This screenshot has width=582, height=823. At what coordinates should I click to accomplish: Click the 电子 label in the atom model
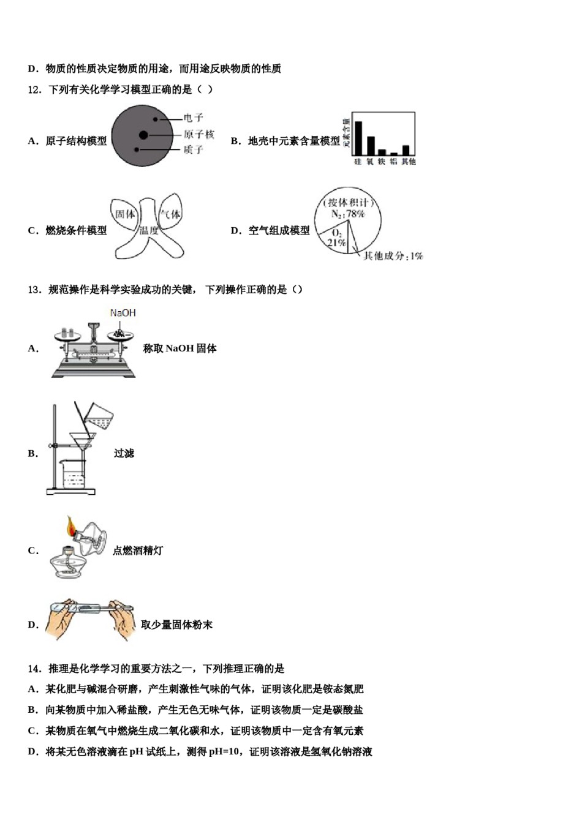click(193, 118)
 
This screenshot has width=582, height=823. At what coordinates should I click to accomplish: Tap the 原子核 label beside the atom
click(198, 134)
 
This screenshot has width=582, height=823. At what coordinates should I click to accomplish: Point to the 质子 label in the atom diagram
click(193, 149)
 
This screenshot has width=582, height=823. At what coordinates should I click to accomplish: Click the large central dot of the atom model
click(143, 135)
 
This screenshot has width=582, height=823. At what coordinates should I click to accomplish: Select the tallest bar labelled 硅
click(358, 138)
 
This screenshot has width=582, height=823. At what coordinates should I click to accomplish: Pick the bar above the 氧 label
click(370, 146)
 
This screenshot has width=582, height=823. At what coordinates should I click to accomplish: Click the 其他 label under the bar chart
click(409, 162)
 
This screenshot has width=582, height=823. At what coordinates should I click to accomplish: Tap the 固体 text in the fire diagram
click(126, 214)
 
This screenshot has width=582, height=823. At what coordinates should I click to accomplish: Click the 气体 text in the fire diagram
click(170, 214)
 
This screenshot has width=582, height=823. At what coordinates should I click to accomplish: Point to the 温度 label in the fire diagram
click(149, 230)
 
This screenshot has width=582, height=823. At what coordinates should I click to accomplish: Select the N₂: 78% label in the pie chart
click(347, 214)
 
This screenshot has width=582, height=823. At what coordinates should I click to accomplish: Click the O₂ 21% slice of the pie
click(336, 238)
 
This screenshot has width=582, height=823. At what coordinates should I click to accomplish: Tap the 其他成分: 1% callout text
click(393, 256)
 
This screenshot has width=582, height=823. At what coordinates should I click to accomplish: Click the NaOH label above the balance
click(123, 313)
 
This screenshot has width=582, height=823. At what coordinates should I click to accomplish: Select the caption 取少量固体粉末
click(176, 625)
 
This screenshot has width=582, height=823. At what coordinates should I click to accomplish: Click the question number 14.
click(34, 669)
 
